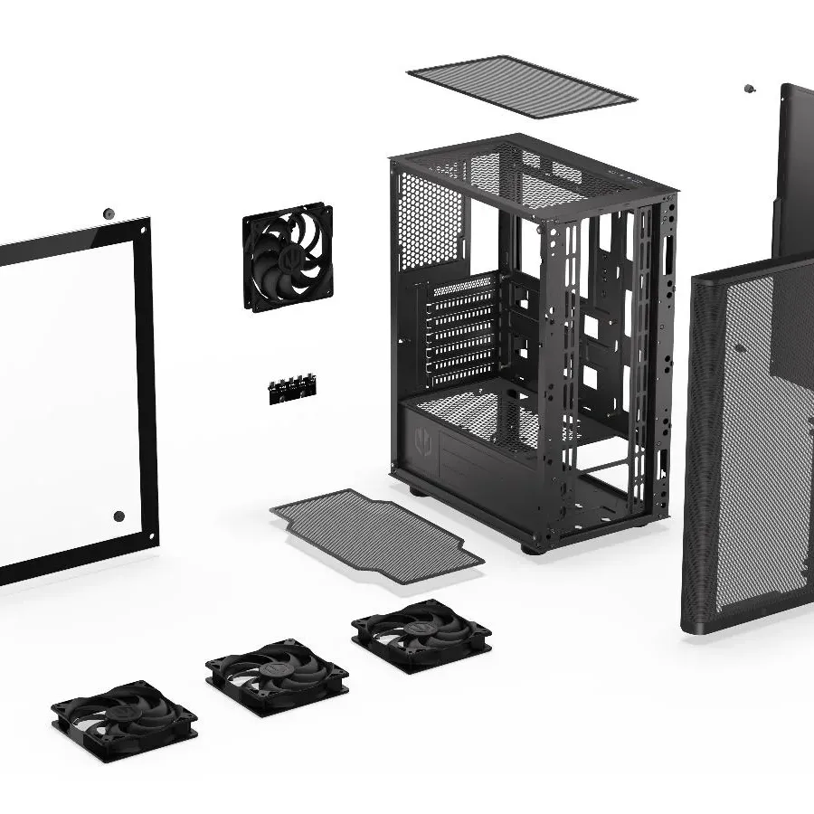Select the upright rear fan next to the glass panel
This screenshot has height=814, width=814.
(287, 257)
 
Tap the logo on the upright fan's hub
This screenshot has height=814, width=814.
(286, 257)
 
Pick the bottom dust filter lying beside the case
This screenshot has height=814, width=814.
(375, 534)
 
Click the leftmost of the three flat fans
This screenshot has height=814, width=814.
(123, 720)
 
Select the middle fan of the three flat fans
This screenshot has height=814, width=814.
(277, 677)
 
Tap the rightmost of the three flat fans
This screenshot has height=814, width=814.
(421, 634)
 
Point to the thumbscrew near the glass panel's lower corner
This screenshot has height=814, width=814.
(118, 516)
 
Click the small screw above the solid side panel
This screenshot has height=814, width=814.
(749, 89)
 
